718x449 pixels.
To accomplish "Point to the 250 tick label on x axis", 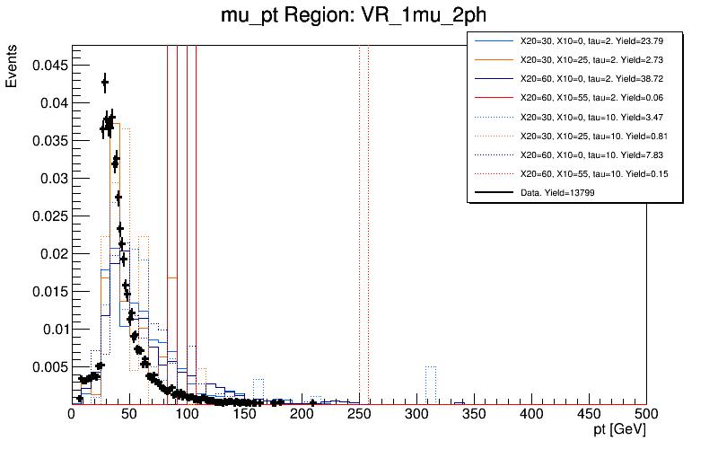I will tap(359, 414).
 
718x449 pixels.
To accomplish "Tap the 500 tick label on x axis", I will tap(646, 414).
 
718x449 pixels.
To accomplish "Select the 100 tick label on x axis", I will tap(187, 414).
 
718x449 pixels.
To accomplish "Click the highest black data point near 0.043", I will tap(105, 83).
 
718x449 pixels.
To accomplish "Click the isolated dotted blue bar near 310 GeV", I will tap(431, 384).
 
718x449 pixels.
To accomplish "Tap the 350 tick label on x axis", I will tap(474, 414).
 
